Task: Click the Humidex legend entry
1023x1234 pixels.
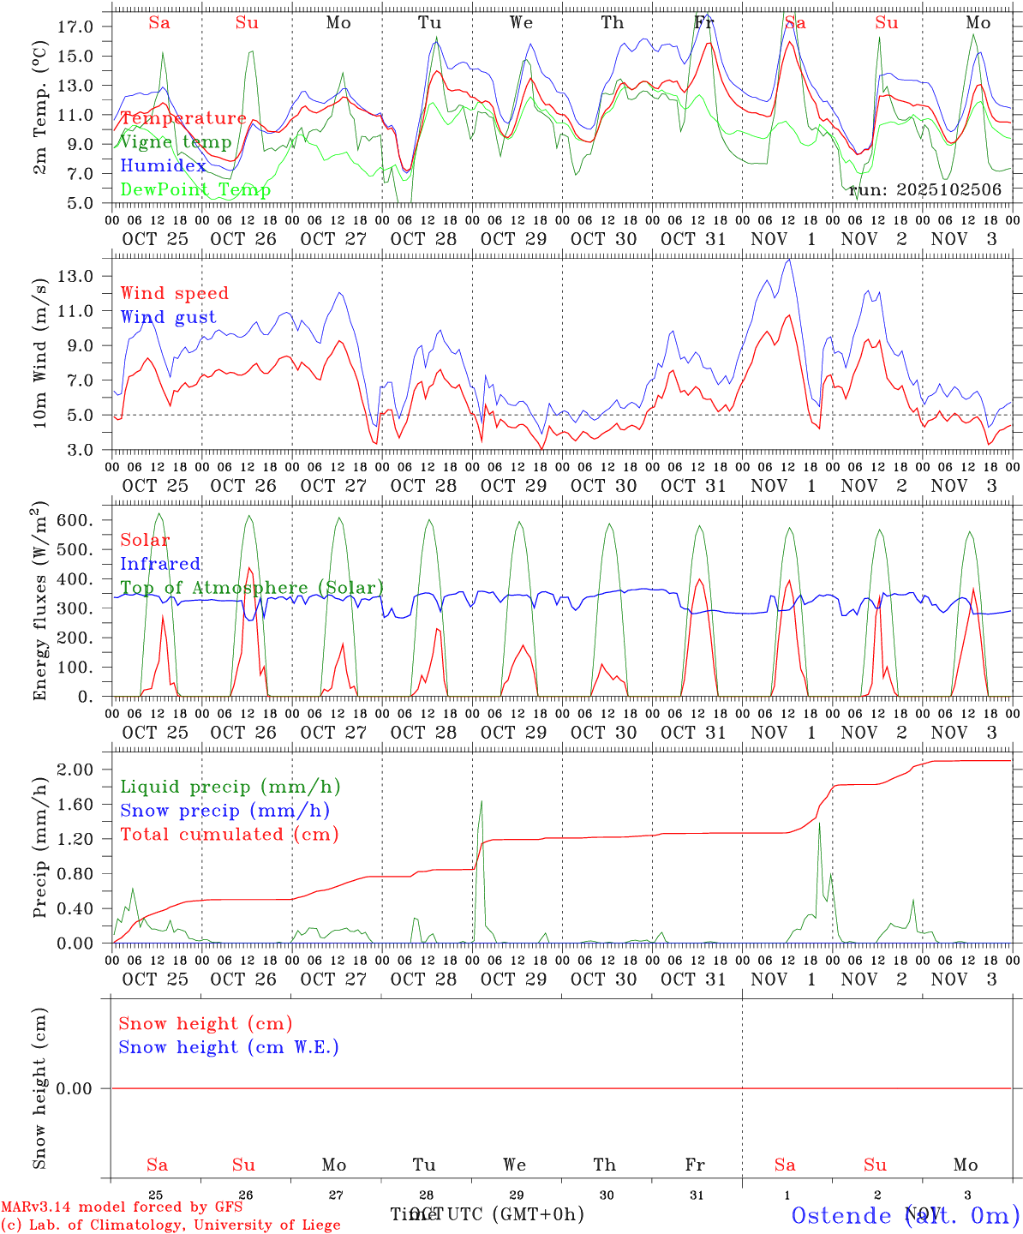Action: pyautogui.click(x=163, y=166)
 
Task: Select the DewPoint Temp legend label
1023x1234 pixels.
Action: pyautogui.click(x=195, y=189)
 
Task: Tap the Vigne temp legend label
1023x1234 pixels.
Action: pyautogui.click(x=176, y=142)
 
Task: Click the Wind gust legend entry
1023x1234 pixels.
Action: pyautogui.click(x=168, y=317)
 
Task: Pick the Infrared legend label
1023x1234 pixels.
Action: pyautogui.click(x=160, y=564)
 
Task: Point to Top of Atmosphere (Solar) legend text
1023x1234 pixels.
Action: pyautogui.click(x=252, y=588)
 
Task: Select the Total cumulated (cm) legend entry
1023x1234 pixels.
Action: pyautogui.click(x=230, y=834)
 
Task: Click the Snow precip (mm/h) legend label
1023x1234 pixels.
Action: pyautogui.click(x=224, y=811)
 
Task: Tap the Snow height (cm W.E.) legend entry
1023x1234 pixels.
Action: pyautogui.click(x=229, y=1047)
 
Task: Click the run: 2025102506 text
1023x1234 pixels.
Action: pyautogui.click(x=924, y=190)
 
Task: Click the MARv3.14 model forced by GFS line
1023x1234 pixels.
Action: pyautogui.click(x=122, y=1207)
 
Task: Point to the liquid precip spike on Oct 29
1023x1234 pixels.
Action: pyautogui.click(x=482, y=802)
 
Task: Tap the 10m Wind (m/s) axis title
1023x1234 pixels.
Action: pyautogui.click(x=40, y=351)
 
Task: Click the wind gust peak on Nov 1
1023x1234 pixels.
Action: pyautogui.click(x=789, y=261)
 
